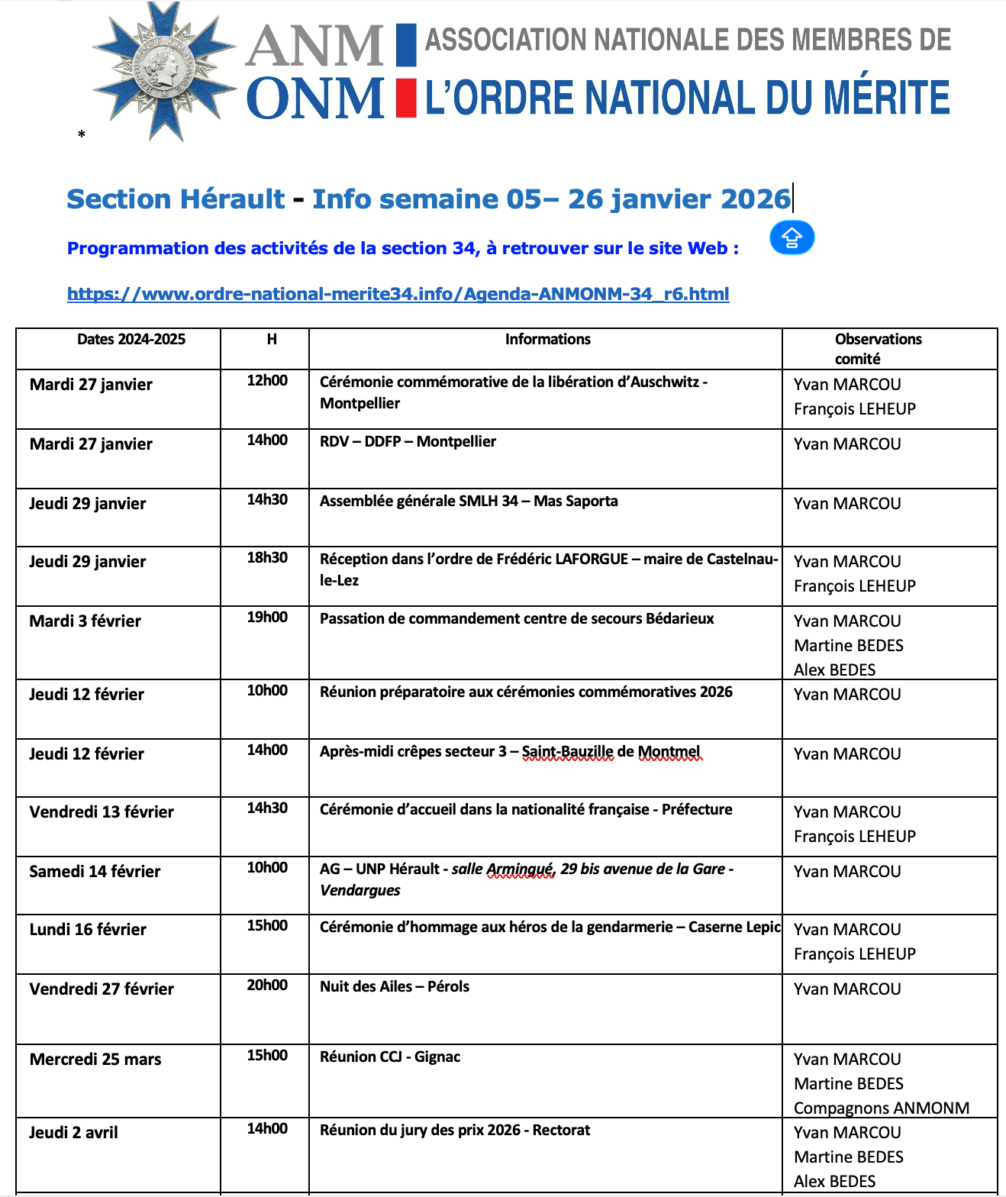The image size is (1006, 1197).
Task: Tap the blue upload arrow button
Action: click(x=792, y=238)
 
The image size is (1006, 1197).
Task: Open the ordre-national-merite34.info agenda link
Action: click(x=398, y=294)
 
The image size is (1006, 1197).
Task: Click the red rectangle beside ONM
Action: click(x=406, y=98)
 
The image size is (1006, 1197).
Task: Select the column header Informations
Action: click(x=547, y=340)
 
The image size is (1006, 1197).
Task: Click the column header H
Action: click(x=272, y=340)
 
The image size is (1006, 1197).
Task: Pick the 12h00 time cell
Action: click(x=267, y=381)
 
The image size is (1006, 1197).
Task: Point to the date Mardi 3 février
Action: click(x=85, y=621)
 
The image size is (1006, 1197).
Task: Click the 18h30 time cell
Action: click(x=267, y=558)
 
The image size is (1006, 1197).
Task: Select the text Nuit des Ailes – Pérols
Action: click(x=395, y=986)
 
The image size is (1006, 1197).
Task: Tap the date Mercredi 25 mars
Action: click(x=95, y=1060)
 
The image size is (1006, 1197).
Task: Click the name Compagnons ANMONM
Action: click(x=882, y=1108)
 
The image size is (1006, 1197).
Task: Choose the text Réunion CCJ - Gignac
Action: click(x=390, y=1057)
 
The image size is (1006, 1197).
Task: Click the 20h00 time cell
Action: click(x=267, y=986)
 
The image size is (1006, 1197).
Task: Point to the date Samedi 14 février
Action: click(x=95, y=872)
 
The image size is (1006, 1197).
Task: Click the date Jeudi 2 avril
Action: click(x=74, y=1133)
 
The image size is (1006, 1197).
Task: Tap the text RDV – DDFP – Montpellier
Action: click(x=408, y=441)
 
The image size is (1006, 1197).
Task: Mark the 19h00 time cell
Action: click(x=267, y=618)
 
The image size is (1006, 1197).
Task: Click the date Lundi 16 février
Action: click(x=88, y=930)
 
